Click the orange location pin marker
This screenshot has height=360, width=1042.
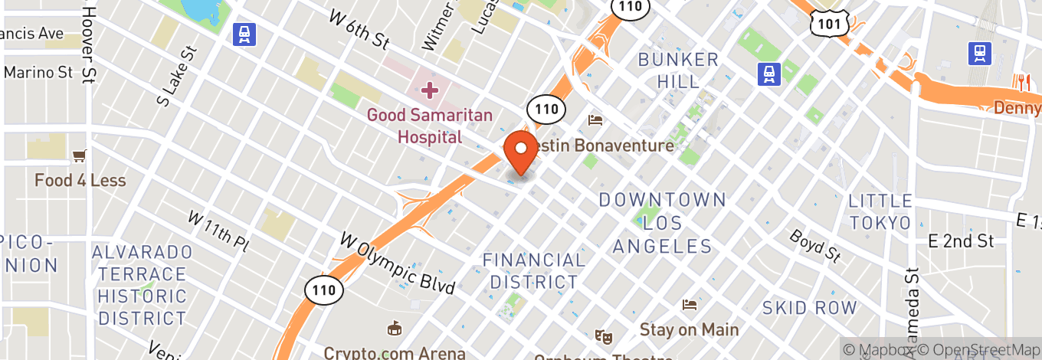click(522, 152)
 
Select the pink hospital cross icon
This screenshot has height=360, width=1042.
click(429, 90)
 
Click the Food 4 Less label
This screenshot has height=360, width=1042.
click(80, 181)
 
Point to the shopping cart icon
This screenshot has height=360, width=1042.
click(79, 157)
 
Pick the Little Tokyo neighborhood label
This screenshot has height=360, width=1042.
click(880, 211)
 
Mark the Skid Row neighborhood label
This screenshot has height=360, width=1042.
click(809, 308)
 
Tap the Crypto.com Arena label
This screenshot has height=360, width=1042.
click(395, 353)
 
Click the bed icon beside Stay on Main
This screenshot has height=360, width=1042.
click(690, 305)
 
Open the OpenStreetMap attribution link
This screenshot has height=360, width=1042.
click(983, 349)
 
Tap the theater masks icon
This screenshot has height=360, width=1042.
click(605, 335)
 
